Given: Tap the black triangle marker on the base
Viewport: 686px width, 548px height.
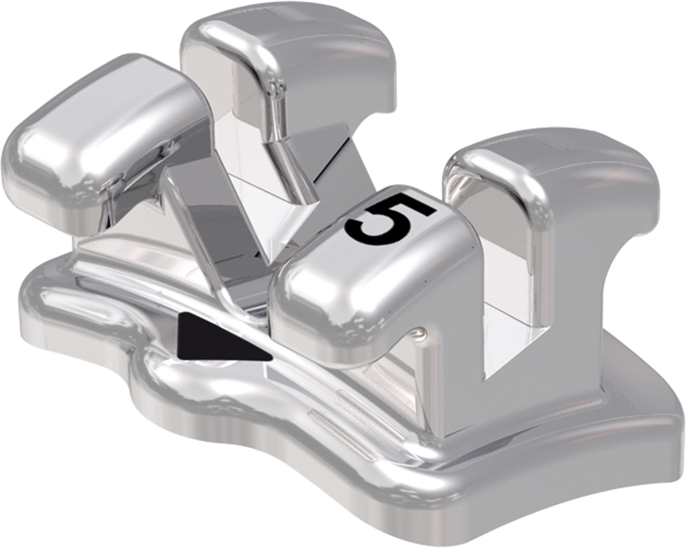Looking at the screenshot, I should pyautogui.click(x=213, y=338).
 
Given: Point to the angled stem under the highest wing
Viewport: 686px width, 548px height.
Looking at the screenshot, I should pyautogui.click(x=288, y=158).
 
